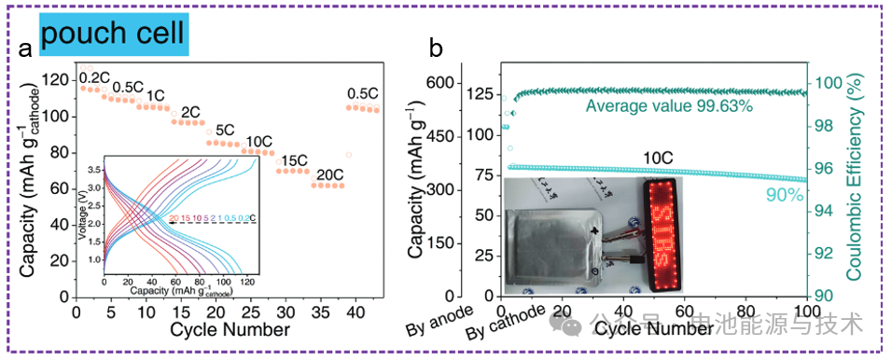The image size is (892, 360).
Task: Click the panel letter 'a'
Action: click(27, 49)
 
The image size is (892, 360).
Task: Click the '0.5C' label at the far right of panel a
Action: click(362, 94)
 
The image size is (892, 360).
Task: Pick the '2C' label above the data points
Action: click(191, 113)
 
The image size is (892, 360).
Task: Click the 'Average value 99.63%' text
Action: click(669, 107)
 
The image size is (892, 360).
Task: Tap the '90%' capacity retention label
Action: click(784, 195)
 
